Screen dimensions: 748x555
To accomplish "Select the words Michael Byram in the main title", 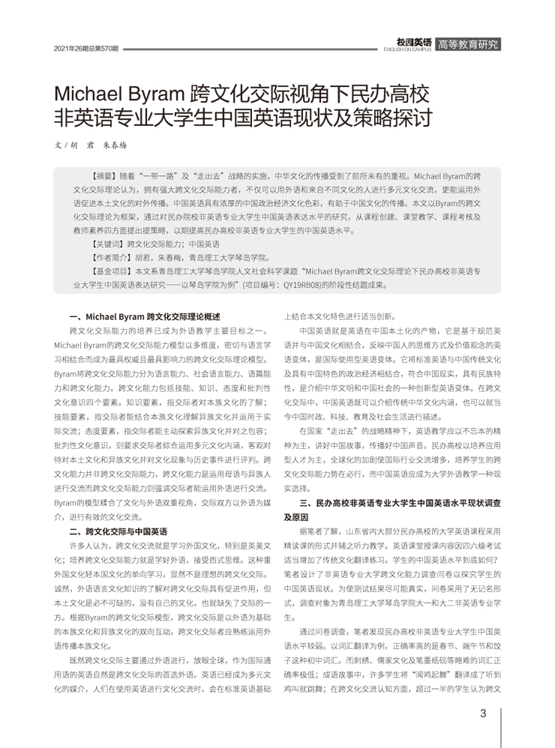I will pyautogui.click(x=118, y=95).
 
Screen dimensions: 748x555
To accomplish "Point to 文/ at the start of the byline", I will pyautogui.click(x=61, y=145).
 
